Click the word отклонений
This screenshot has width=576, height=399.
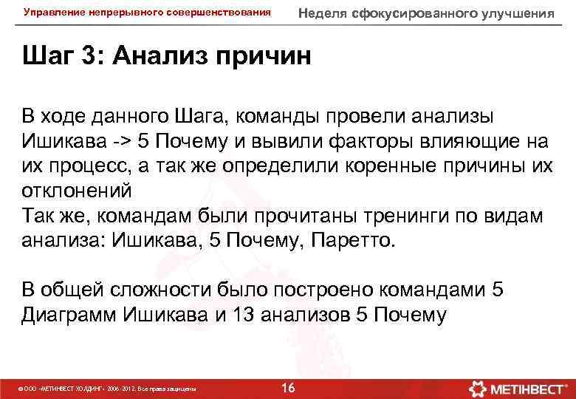click(x=76, y=189)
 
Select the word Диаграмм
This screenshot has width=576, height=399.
click(x=69, y=315)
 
